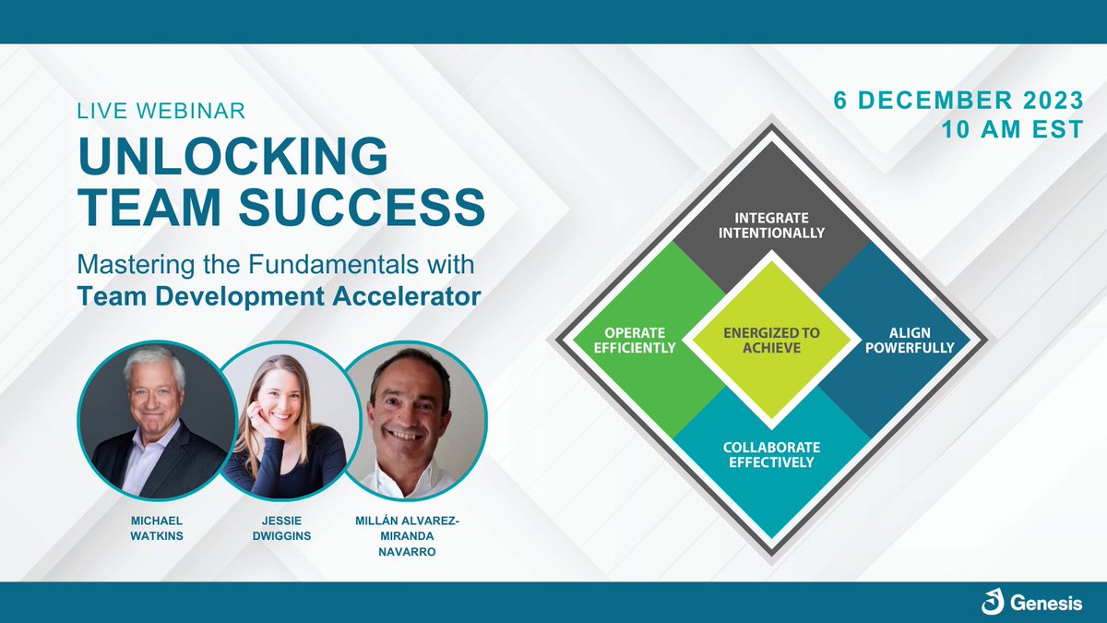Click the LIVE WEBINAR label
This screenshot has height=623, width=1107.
click(161, 111)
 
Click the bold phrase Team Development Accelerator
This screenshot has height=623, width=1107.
click(280, 296)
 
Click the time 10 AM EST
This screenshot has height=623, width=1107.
click(1007, 131)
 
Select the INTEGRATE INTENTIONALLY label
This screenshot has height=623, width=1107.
click(771, 225)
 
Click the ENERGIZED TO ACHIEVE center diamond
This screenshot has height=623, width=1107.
click(771, 339)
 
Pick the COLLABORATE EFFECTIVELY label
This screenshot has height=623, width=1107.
click(768, 454)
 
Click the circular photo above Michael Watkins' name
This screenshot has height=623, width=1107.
click(151, 417)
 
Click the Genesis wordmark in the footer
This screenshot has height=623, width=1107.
click(1046, 605)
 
